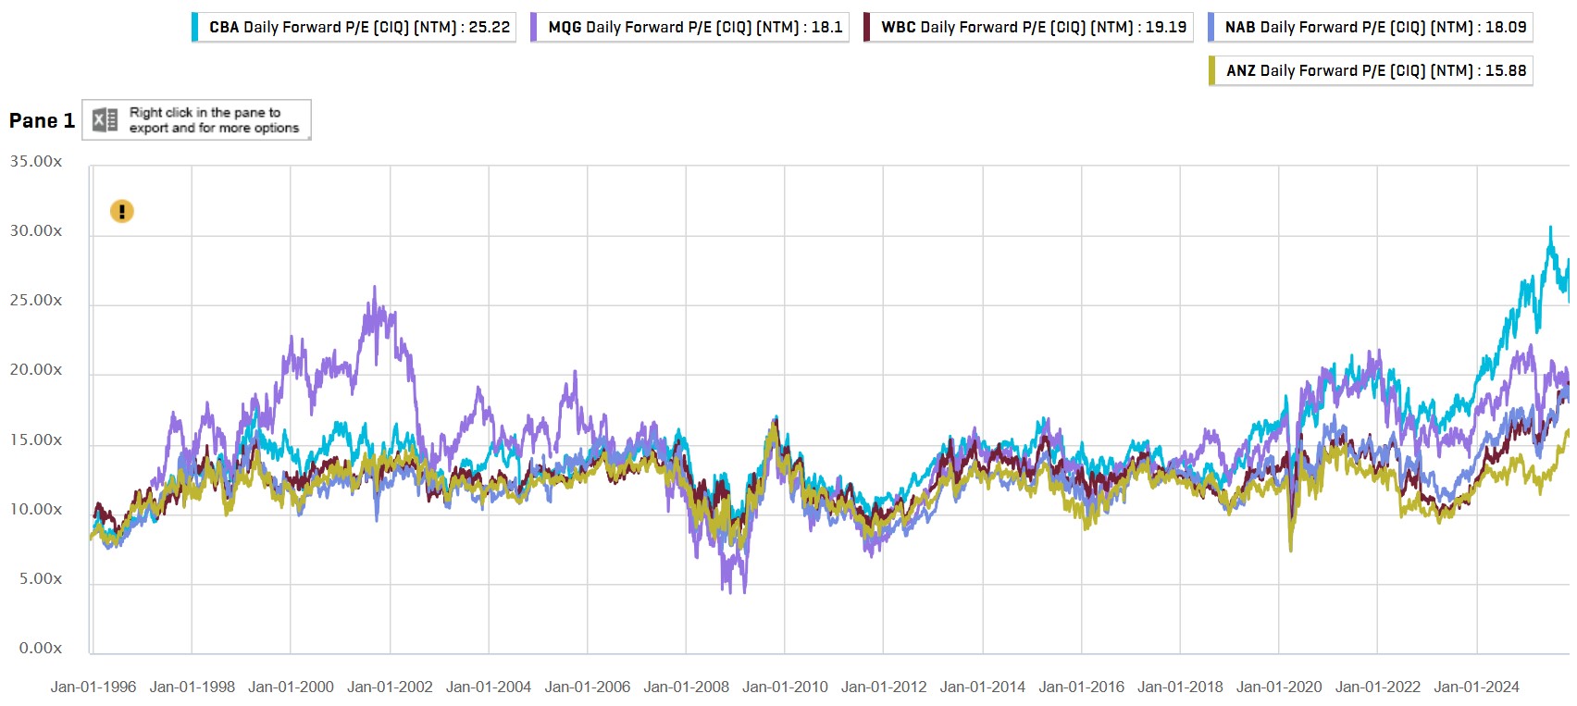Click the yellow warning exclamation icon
[122, 212]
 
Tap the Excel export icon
[105, 119]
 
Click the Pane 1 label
[42, 120]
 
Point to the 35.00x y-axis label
[36, 162]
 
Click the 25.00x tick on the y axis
[36, 301]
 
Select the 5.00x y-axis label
[41, 579]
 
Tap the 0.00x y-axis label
[41, 649]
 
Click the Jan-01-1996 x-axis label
[93, 687]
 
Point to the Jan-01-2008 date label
[686, 687]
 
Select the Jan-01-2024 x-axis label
[1476, 687]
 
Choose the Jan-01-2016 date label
[1081, 687]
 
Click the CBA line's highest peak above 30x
[1550, 228]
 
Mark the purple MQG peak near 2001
[374, 287]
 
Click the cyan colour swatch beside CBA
[195, 28]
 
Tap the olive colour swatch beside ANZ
[1212, 70]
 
